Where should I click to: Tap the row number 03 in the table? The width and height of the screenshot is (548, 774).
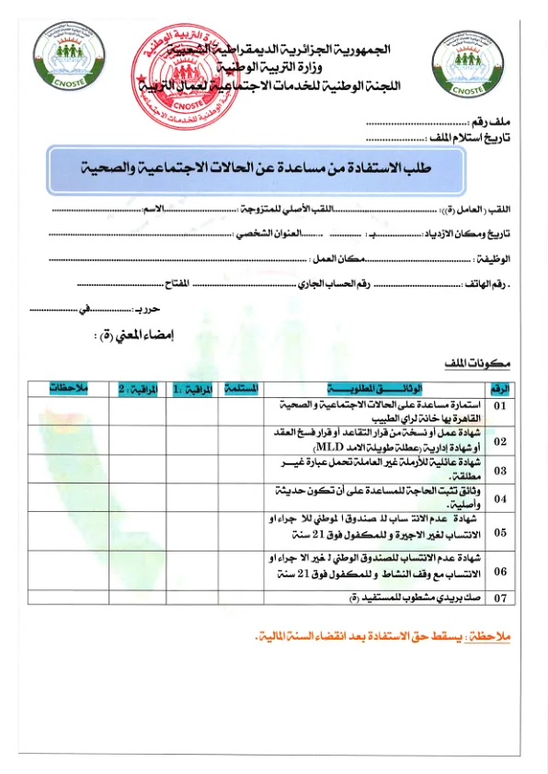500,470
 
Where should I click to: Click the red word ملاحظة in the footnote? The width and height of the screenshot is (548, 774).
498,636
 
